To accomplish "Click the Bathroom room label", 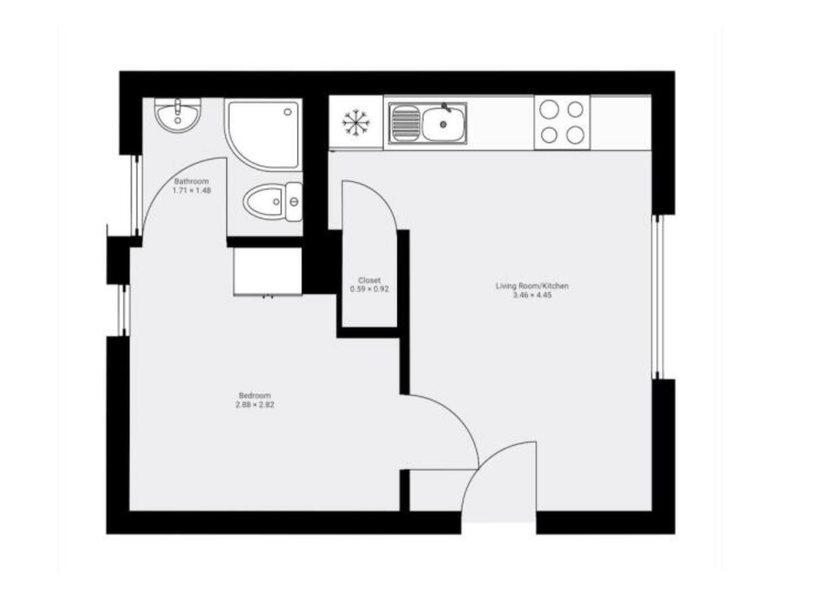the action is [x=191, y=181].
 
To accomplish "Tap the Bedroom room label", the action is [x=255, y=396].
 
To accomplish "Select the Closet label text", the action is [x=369, y=280].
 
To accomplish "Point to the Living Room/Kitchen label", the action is [x=532, y=286].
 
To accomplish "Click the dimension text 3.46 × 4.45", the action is [x=532, y=295].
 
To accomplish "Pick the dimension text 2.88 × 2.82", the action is [x=255, y=404].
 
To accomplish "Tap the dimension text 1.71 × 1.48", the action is [x=191, y=190].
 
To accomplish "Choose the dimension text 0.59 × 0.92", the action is [x=369, y=289].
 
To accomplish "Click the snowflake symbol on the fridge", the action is [x=355, y=123].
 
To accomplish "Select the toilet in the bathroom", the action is [x=273, y=202].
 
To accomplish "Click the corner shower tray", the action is [x=263, y=135].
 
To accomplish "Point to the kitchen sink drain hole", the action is [x=443, y=125].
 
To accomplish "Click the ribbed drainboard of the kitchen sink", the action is [x=406, y=123].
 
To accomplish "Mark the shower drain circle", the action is [x=288, y=112].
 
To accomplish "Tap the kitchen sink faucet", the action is [x=446, y=108].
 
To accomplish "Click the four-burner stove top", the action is [x=562, y=123].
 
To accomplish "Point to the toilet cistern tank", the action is [x=293, y=202].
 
